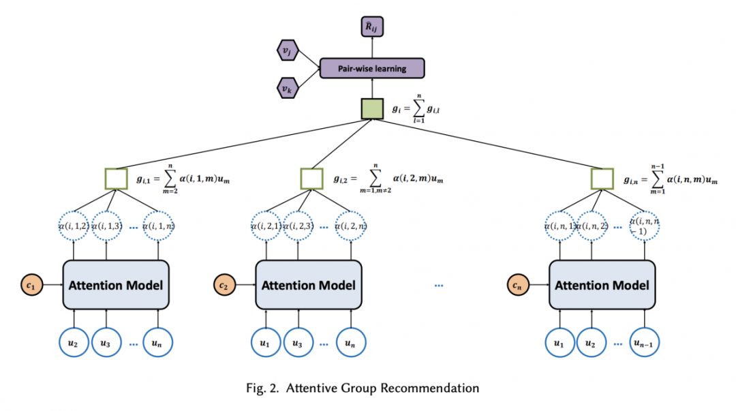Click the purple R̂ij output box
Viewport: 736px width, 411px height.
point(372,27)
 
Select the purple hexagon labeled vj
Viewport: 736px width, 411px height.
point(286,50)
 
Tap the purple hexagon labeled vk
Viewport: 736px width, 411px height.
point(286,87)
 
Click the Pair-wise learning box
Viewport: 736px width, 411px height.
point(372,68)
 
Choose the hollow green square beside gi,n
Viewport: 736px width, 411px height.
point(602,179)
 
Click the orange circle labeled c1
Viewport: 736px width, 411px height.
point(32,284)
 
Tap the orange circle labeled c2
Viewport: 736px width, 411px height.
point(225,284)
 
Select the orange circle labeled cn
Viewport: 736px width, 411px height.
point(519,284)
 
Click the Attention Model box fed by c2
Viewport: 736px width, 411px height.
point(308,284)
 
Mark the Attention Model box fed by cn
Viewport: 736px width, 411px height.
point(602,284)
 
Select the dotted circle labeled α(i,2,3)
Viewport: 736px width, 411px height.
point(298,227)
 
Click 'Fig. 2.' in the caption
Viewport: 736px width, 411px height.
point(261,389)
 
